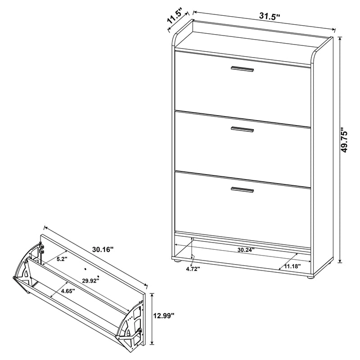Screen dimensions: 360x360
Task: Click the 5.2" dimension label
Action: [x=62, y=259]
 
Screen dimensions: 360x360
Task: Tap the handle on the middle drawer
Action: [x=242, y=130]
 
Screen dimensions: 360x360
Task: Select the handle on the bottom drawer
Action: [x=242, y=189]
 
